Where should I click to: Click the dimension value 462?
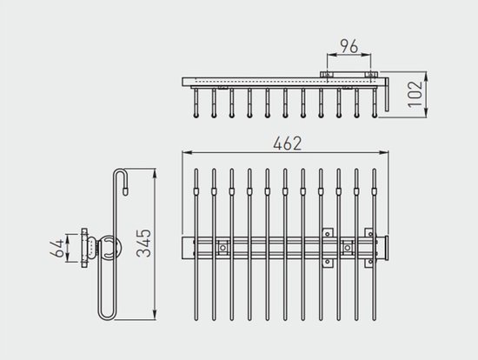pyautogui.click(x=287, y=143)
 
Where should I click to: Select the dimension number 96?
pyautogui.click(x=349, y=46)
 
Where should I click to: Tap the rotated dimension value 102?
pyautogui.click(x=415, y=94)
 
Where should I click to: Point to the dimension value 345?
pyautogui.click(x=143, y=243)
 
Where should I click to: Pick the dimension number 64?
pyautogui.click(x=57, y=248)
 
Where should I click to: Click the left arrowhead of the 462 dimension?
pyautogui.click(x=186, y=152)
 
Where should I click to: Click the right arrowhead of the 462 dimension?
pyautogui.click(x=384, y=152)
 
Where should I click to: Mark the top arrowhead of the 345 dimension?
pyautogui.click(x=155, y=173)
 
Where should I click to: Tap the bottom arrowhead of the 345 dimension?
pyautogui.click(x=155, y=316)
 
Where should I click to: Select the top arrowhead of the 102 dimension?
pyautogui.click(x=426, y=77)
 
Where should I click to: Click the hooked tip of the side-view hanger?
pyautogui.click(x=124, y=191)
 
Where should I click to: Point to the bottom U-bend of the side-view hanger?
pyautogui.click(x=107, y=317)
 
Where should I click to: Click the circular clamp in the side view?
pyautogui.click(x=109, y=248)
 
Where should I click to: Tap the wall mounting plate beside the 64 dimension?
pyautogui.click(x=84, y=248)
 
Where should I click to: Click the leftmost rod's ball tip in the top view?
pyautogui.click(x=196, y=116)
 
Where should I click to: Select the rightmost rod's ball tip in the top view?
pyautogui.click(x=375, y=116)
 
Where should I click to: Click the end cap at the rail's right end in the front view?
pyautogui.click(x=386, y=248)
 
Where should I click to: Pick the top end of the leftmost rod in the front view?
pyautogui.click(x=196, y=170)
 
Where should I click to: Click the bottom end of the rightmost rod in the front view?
pyautogui.click(x=375, y=319)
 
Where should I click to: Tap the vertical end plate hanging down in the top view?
pyautogui.click(x=387, y=95)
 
